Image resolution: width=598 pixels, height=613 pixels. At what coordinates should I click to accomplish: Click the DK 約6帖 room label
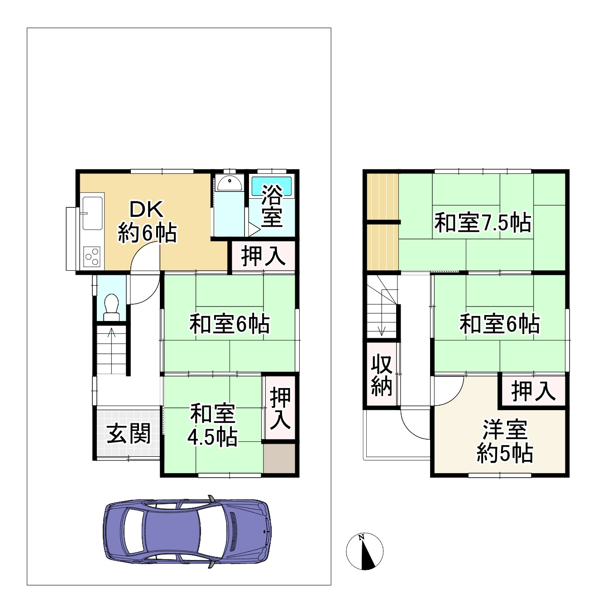pos(147,221)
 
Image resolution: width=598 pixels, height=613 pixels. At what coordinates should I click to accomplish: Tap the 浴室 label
pos(272,206)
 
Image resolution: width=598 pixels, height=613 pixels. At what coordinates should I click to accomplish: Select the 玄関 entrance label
pos(129,434)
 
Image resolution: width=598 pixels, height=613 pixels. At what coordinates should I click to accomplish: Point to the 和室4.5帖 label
pos(212,425)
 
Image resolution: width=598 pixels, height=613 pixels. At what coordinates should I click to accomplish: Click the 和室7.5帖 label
pos(483,223)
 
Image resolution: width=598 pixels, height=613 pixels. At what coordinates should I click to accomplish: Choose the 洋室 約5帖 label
pos(505,441)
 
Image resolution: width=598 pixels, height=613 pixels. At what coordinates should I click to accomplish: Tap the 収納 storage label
pos(382,375)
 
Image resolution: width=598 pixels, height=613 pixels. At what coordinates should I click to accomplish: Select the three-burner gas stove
pos(91,257)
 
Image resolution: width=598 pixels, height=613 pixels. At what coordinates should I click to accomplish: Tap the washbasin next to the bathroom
pos(229,183)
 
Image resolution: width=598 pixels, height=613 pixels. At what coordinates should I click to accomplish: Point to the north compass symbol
pos(364,552)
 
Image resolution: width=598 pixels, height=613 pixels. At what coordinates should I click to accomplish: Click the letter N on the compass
pos(361,538)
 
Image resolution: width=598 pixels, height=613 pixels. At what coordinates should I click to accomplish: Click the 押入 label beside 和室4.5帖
pos(280,408)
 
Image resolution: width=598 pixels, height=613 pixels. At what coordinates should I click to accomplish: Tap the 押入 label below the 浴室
pos(263,256)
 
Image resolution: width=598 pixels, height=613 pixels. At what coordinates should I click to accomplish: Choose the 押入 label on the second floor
pos(533,391)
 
